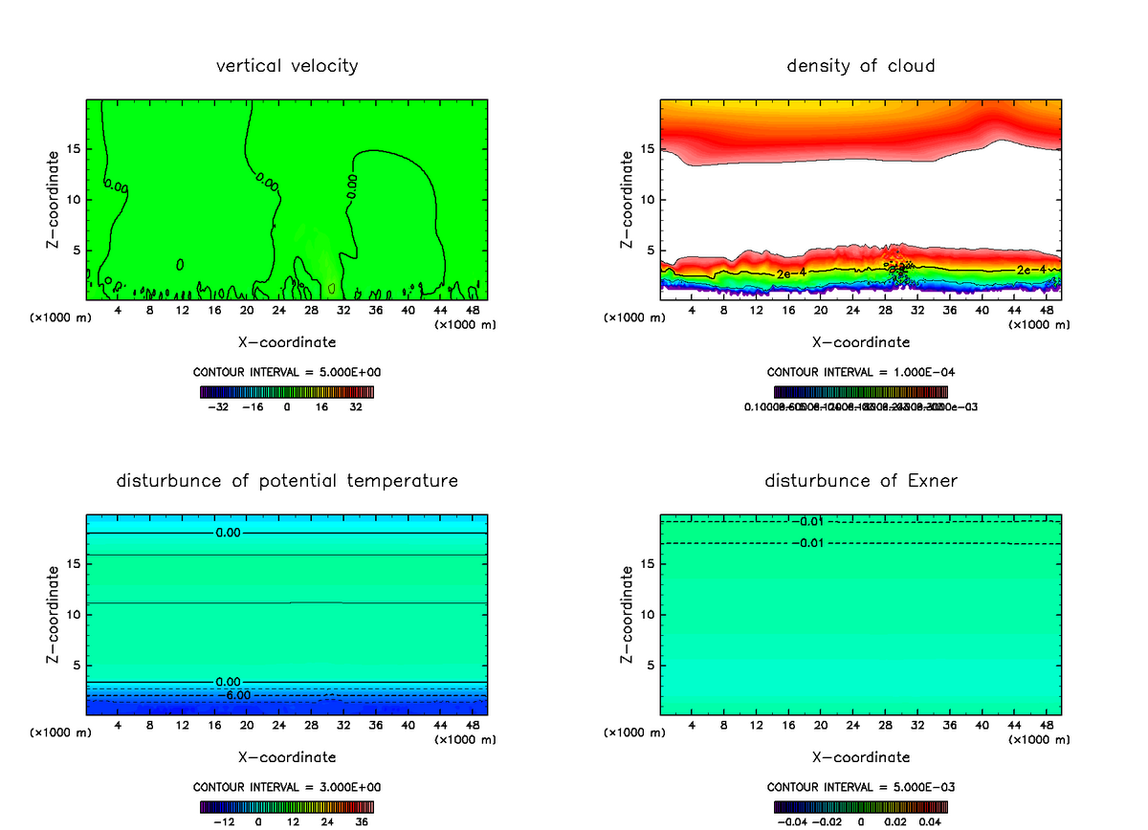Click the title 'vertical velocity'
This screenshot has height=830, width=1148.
click(x=287, y=66)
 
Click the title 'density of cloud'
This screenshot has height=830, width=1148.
click(x=861, y=66)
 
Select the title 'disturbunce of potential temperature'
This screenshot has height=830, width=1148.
click(x=287, y=480)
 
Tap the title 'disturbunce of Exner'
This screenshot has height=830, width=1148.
click(x=861, y=480)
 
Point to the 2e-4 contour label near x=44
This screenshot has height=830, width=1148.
click(x=1030, y=270)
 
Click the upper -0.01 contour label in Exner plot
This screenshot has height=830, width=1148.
click(x=808, y=521)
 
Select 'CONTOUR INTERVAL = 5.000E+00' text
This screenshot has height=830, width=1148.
click(x=287, y=372)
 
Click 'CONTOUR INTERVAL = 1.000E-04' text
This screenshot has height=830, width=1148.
click(x=861, y=372)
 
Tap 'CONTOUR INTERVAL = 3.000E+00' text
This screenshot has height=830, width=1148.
click(x=287, y=787)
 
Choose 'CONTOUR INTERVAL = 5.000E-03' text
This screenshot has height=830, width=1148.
click(x=861, y=787)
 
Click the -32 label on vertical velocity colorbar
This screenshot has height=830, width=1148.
click(x=219, y=406)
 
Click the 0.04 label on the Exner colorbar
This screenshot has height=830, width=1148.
click(x=930, y=821)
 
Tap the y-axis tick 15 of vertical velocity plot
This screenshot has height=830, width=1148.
click(x=75, y=148)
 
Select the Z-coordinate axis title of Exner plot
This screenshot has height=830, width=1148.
click(x=628, y=614)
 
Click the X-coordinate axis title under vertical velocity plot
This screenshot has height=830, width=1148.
click(x=287, y=341)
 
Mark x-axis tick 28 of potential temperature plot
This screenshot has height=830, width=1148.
click(x=311, y=726)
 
